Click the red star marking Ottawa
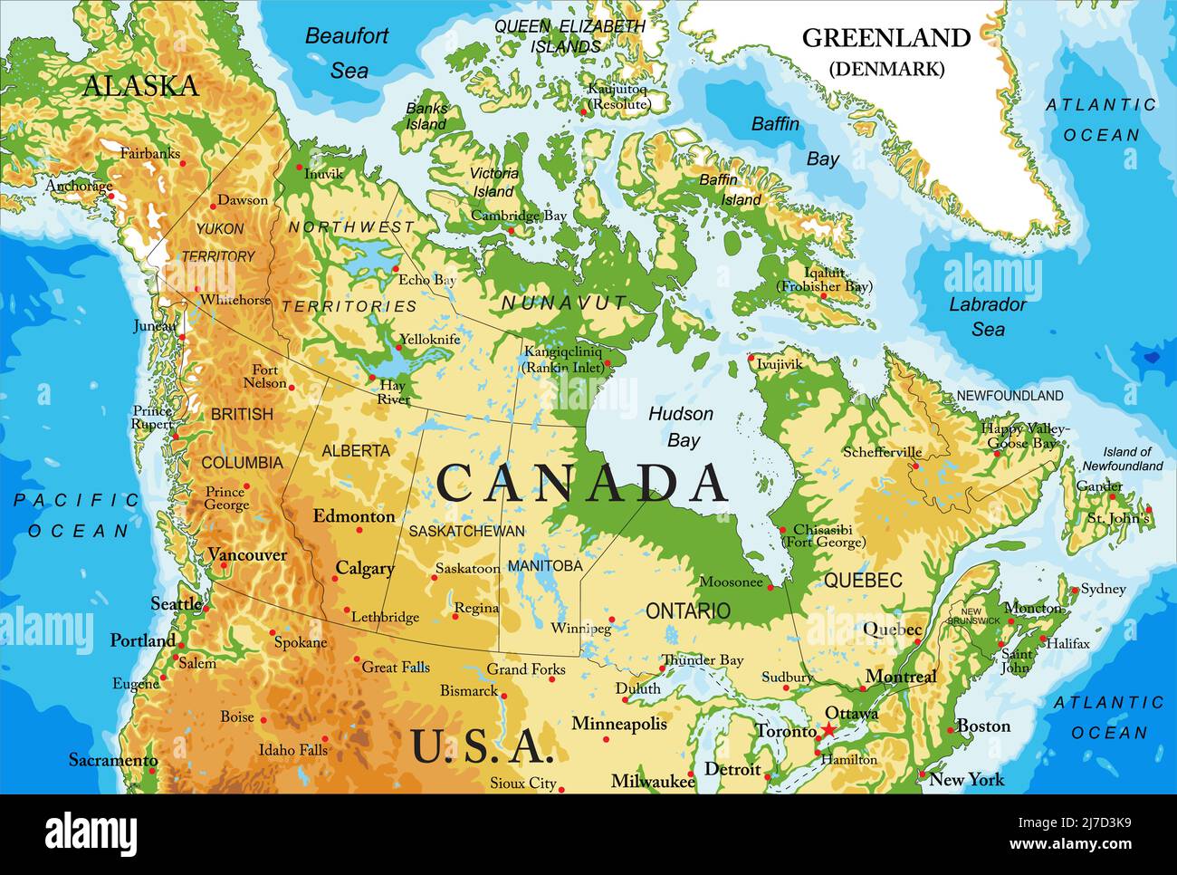pyautogui.click(x=828, y=729)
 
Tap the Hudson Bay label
pyautogui.click(x=681, y=427)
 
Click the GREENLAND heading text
pyautogui.click(x=885, y=38)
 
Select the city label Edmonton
pyautogui.click(x=354, y=516)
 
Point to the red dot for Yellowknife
pyautogui.click(x=399, y=347)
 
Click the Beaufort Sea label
pyautogui.click(x=347, y=53)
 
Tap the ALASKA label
pyautogui.click(x=140, y=86)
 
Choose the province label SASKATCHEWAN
pyautogui.click(x=466, y=532)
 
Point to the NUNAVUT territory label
pyautogui.click(x=564, y=303)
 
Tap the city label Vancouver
pyautogui.click(x=246, y=554)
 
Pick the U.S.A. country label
pyautogui.click(x=481, y=746)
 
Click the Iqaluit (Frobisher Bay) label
pyautogui.click(x=824, y=279)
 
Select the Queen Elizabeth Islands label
pyautogui.click(x=569, y=36)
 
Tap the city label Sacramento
pyautogui.click(x=113, y=760)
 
